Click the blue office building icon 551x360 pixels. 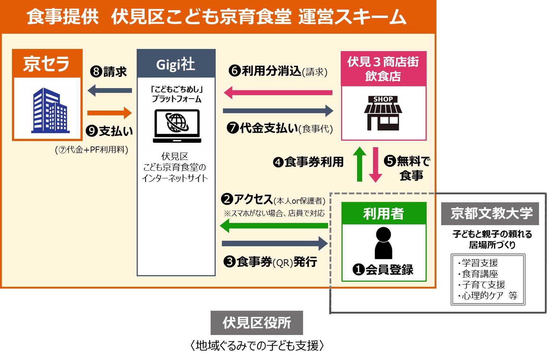coord(50,110)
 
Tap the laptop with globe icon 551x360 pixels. coord(177,125)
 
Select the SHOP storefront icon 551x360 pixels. coord(383,113)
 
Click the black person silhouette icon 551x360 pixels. coord(383,243)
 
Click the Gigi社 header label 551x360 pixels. coord(176,64)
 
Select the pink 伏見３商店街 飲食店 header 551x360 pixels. coord(384,69)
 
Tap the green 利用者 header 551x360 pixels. coord(384,214)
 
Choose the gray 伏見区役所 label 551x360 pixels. coord(257,323)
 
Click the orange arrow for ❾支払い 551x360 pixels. coord(109,113)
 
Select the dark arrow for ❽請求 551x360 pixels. coord(110,90)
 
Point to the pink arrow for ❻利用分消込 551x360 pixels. coord(278,92)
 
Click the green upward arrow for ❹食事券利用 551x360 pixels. coord(360,164)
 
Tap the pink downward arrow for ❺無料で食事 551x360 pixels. coord(375,165)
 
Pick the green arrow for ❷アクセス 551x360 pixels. coord(274,226)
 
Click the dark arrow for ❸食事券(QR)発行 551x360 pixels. coord(274,243)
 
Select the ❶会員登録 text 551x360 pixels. coord(383,270)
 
